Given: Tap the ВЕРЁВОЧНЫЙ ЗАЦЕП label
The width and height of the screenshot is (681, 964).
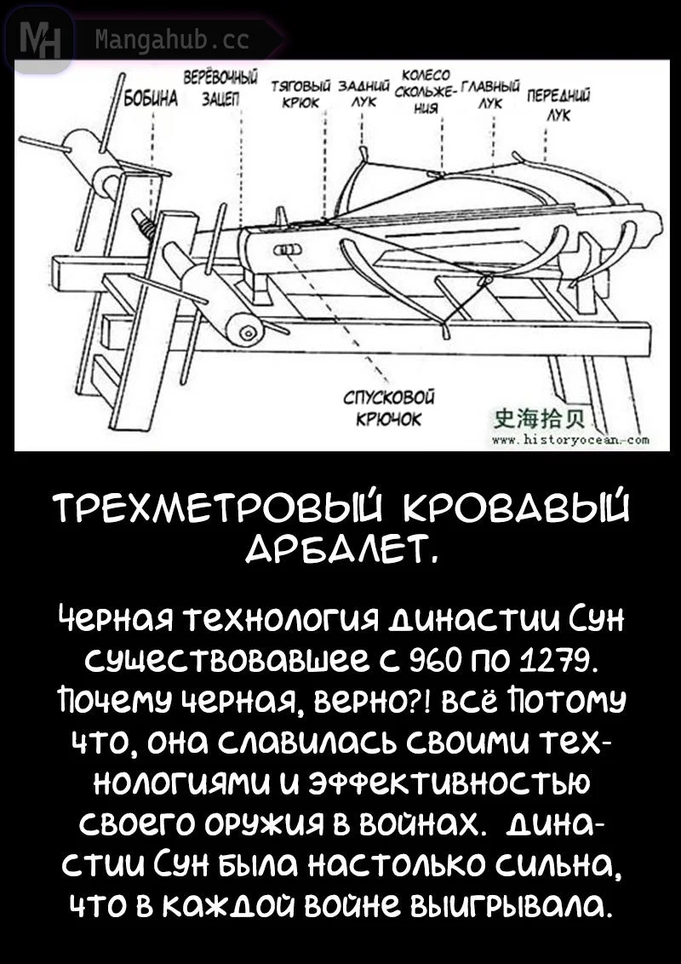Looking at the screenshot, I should coord(221,89).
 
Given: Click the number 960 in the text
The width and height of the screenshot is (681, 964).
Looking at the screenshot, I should coord(437,659).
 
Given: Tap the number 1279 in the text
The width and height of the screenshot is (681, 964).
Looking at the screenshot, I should coord(531,659).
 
